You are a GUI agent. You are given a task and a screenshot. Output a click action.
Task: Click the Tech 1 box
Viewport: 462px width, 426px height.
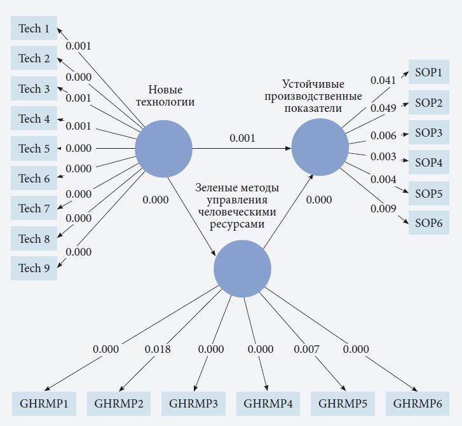[x=34, y=29]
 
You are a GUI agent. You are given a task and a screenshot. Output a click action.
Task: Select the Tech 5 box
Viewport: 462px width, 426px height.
[x=34, y=149]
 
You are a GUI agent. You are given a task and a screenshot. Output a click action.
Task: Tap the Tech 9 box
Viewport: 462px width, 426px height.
[x=34, y=268]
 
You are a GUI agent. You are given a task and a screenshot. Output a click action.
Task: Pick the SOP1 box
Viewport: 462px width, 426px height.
[x=428, y=72]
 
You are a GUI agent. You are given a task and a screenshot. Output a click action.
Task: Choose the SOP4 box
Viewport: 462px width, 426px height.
[x=428, y=163]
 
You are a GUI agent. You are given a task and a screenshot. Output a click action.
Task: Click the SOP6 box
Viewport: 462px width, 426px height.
[x=428, y=223]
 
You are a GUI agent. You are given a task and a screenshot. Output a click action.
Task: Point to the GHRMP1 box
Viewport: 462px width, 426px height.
[x=44, y=403]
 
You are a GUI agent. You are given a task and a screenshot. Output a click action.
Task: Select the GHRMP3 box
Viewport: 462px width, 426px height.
[x=193, y=403]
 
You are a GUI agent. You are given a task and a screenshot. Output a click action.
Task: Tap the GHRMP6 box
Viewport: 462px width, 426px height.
[x=417, y=403]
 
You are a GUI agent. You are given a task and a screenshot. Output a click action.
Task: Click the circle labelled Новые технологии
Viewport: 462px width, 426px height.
[x=163, y=149]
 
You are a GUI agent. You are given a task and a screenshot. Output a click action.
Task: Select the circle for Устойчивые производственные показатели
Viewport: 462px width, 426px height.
[x=320, y=148]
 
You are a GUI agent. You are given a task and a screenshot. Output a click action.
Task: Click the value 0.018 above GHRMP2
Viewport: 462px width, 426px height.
[x=158, y=349]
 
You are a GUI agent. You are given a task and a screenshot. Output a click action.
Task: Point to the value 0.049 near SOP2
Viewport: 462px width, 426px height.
[x=383, y=108]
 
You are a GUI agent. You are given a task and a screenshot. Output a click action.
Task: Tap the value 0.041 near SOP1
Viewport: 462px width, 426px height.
[x=383, y=80]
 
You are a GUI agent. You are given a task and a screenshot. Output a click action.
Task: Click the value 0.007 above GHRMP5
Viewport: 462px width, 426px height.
[x=306, y=349]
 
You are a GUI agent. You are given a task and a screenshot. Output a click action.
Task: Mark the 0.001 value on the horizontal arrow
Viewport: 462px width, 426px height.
[x=242, y=138]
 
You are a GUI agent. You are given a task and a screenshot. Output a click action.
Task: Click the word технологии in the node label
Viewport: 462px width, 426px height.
[x=165, y=102]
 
